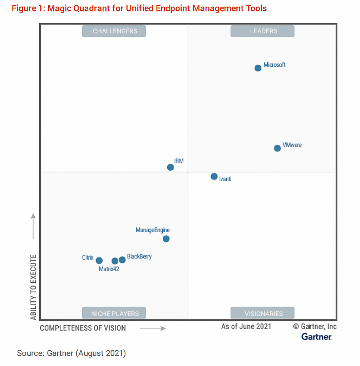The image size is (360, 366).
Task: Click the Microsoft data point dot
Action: click(x=258, y=68)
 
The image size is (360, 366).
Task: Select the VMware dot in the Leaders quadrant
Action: click(x=277, y=148)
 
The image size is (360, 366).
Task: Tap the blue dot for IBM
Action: click(x=171, y=167)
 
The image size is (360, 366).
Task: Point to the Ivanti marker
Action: click(x=214, y=176)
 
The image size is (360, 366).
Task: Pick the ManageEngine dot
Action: click(x=166, y=239)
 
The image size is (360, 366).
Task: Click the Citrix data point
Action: click(x=99, y=261)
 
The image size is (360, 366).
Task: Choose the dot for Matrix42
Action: click(x=115, y=261)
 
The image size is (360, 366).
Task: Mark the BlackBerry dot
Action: click(x=122, y=260)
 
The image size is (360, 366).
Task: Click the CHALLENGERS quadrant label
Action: click(x=114, y=31)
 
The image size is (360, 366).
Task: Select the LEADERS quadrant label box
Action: click(x=262, y=31)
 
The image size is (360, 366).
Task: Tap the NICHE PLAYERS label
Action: click(x=114, y=313)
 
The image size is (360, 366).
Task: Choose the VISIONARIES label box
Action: click(x=262, y=313)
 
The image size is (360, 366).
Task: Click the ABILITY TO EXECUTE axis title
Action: click(x=34, y=287)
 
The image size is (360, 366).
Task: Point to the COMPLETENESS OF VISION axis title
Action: click(x=83, y=328)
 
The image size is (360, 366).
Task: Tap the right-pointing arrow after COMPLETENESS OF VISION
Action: click(x=153, y=328)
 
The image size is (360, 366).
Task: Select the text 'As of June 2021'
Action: click(x=246, y=326)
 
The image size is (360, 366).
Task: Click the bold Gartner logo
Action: click(x=316, y=336)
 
